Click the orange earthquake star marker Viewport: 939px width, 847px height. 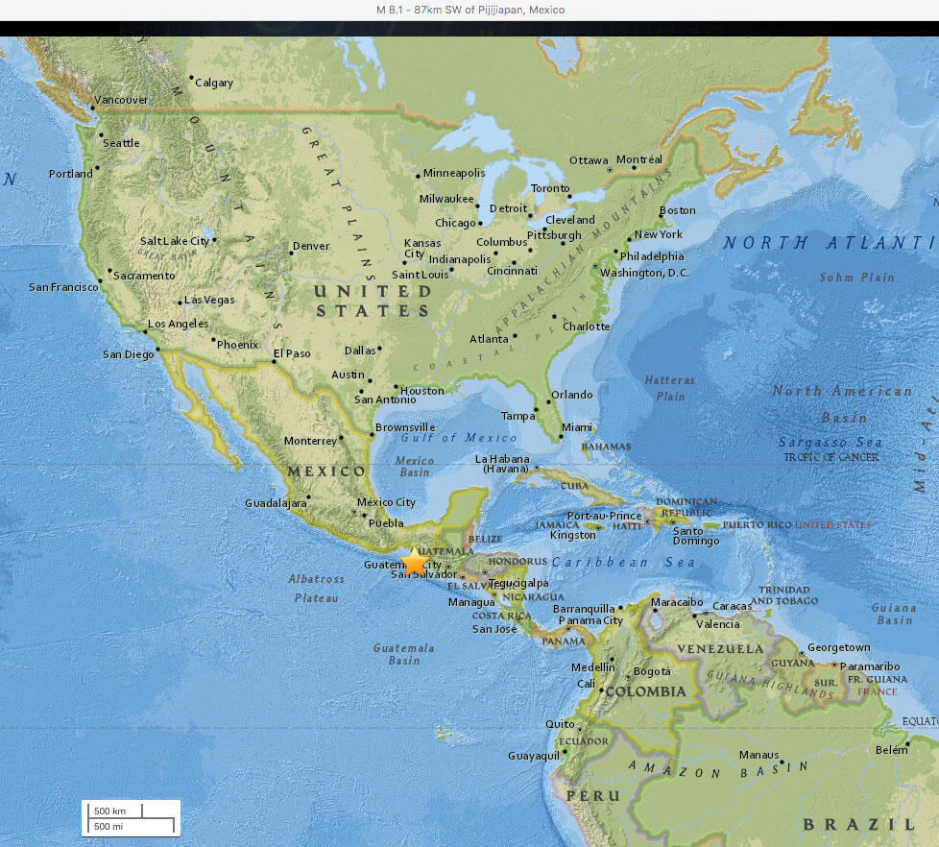point(414,562)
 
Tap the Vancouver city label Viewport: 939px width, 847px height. point(121,100)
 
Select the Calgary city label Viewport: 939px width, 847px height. point(214,83)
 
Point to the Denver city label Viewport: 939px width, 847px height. point(311,246)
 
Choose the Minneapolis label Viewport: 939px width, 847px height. point(454,173)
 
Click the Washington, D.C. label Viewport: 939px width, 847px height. point(644,273)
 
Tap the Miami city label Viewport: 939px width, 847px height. point(577,427)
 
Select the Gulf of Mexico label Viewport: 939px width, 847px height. point(466,438)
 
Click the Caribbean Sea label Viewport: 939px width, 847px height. point(623,562)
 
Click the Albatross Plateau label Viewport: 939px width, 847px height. point(316,589)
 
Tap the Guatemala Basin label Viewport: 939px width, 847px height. point(403,654)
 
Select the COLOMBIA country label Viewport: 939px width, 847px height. point(645,691)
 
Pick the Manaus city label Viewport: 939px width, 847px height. point(758,755)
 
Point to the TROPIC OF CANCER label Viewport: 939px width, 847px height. point(831,457)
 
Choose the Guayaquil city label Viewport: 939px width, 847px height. point(533,756)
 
